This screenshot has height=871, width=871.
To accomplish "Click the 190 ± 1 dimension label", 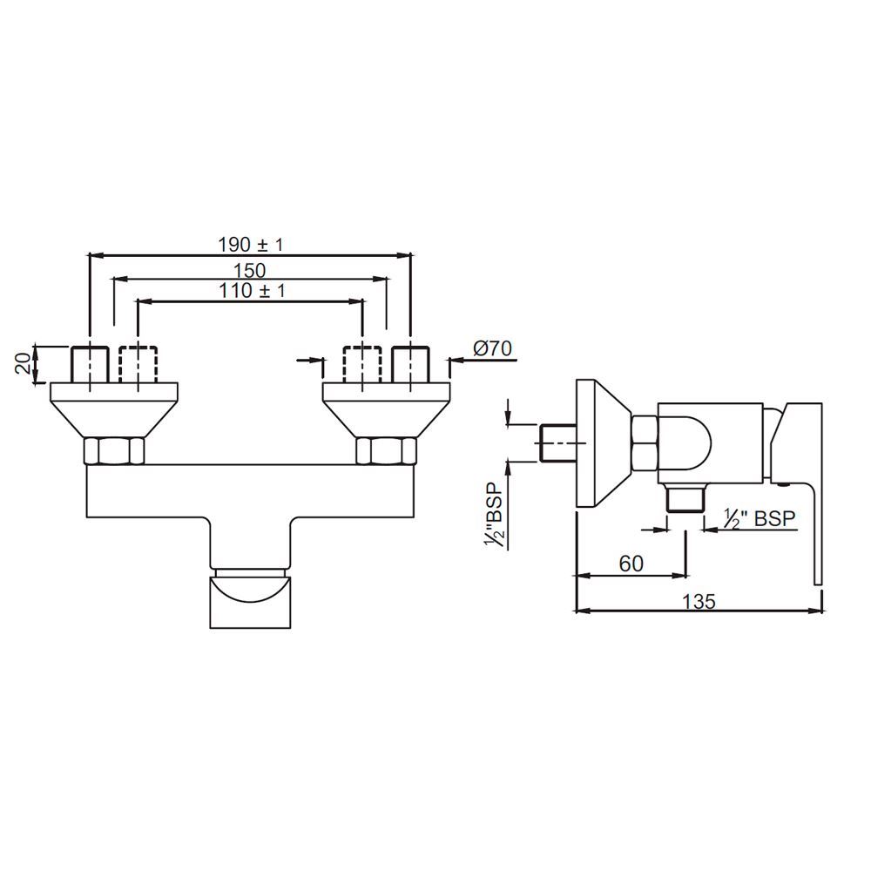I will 250,245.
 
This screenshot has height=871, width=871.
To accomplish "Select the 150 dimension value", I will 249,270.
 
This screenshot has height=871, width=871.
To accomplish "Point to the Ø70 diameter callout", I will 493,349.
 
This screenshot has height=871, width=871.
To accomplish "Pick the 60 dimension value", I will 631,564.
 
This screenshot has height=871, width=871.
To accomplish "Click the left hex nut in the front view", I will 114,451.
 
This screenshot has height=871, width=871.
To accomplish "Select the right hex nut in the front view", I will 387,451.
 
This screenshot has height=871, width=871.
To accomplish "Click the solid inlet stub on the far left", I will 88,364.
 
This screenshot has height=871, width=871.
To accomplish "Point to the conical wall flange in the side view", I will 602,442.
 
